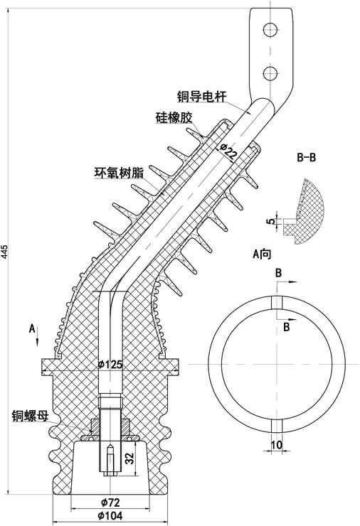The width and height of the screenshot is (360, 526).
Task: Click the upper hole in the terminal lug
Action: [270, 29]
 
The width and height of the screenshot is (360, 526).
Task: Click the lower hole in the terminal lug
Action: [270, 73]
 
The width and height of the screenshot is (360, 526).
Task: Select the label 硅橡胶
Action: [174, 117]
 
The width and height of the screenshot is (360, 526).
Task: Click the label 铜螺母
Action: [29, 415]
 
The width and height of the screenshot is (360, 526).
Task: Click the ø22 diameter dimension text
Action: [228, 151]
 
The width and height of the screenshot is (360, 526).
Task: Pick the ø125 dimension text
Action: [110, 365]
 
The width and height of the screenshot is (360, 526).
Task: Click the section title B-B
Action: [305, 157]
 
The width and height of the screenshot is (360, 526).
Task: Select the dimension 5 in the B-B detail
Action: [270, 221]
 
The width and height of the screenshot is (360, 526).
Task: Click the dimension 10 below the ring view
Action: [277, 444]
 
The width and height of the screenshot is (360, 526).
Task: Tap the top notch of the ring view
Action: [277, 301]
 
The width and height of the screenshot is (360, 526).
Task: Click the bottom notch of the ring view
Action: [277, 426]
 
